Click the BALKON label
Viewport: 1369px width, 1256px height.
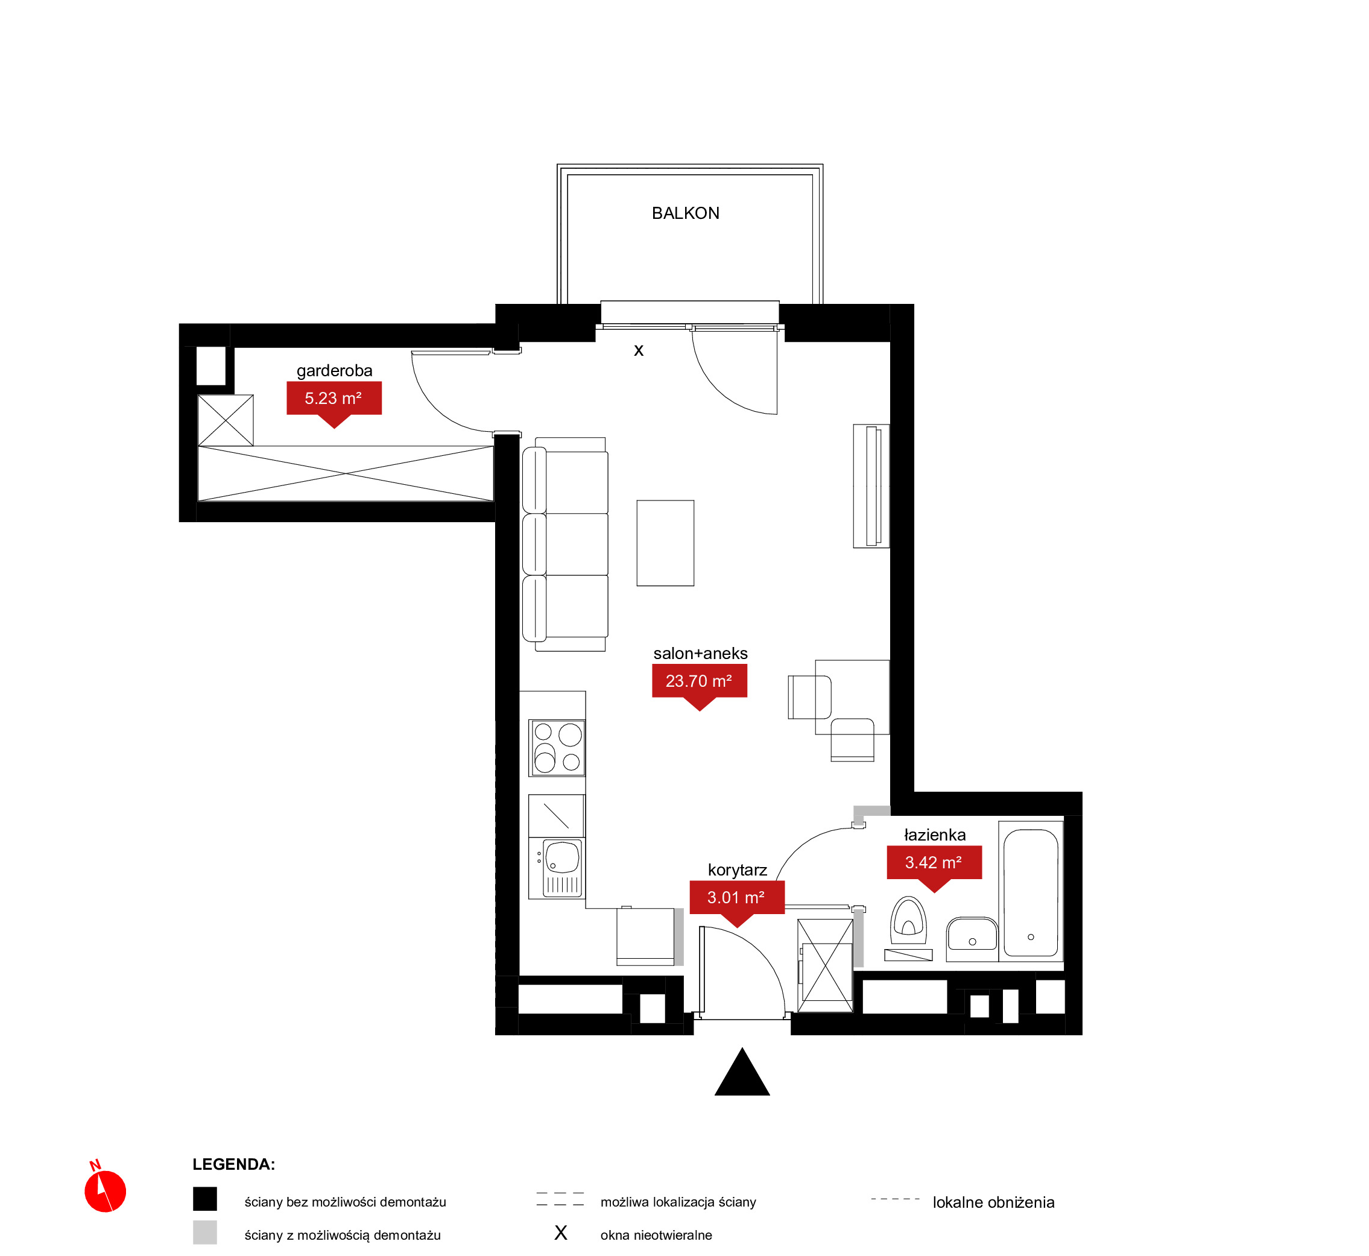(x=685, y=213)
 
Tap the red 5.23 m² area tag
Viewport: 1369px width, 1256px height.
(x=334, y=401)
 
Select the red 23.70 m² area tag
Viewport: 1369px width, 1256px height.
(x=700, y=684)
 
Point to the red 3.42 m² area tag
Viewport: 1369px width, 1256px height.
(x=934, y=866)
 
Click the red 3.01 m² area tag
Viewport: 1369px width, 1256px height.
(x=737, y=900)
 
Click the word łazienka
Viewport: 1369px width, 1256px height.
(x=935, y=835)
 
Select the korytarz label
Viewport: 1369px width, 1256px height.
(x=738, y=871)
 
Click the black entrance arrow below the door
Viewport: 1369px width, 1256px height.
(x=742, y=1072)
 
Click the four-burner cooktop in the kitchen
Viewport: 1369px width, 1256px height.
(x=557, y=748)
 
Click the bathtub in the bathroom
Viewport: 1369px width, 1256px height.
(x=1031, y=892)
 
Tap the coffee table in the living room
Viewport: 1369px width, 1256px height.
(x=665, y=543)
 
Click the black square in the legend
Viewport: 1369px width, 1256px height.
(x=204, y=1199)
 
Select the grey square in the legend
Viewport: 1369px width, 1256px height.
(x=204, y=1232)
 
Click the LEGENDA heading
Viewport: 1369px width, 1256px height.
(x=234, y=1164)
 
